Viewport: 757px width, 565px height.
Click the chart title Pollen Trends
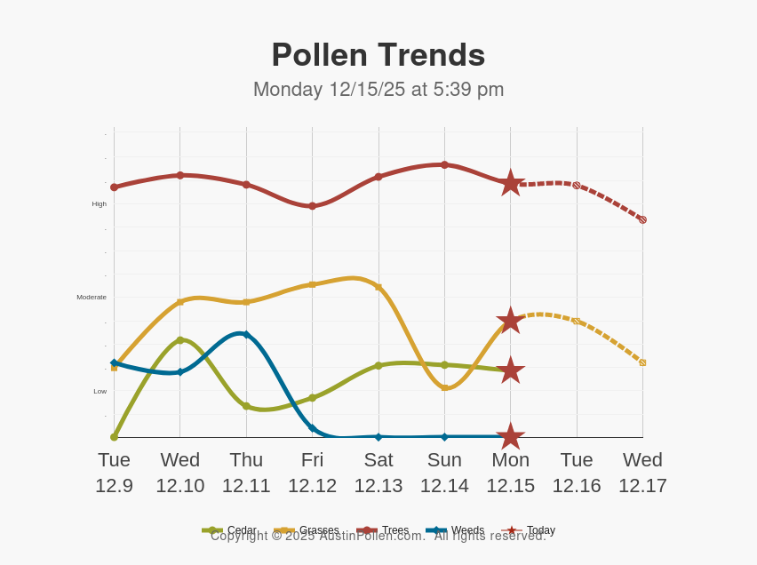pos(378,55)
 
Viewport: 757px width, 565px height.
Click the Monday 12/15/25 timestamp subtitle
pos(378,90)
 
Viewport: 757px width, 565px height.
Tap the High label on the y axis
pos(99,204)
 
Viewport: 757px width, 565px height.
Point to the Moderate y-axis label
pos(92,298)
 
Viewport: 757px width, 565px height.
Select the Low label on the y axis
pos(100,392)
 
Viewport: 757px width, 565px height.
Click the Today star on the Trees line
pos(511,183)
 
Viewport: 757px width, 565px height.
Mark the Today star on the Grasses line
pos(511,321)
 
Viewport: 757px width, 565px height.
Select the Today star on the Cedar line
pos(511,370)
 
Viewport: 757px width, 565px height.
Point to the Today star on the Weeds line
pos(511,436)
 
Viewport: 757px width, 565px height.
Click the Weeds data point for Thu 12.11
pos(246,335)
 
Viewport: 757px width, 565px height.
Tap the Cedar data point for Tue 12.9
pos(114,437)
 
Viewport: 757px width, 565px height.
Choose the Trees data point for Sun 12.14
pos(444,164)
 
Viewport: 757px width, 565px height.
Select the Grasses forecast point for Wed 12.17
pos(642,362)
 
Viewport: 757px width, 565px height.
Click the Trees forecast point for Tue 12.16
pos(577,186)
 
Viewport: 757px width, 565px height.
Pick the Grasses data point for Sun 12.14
pos(444,387)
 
